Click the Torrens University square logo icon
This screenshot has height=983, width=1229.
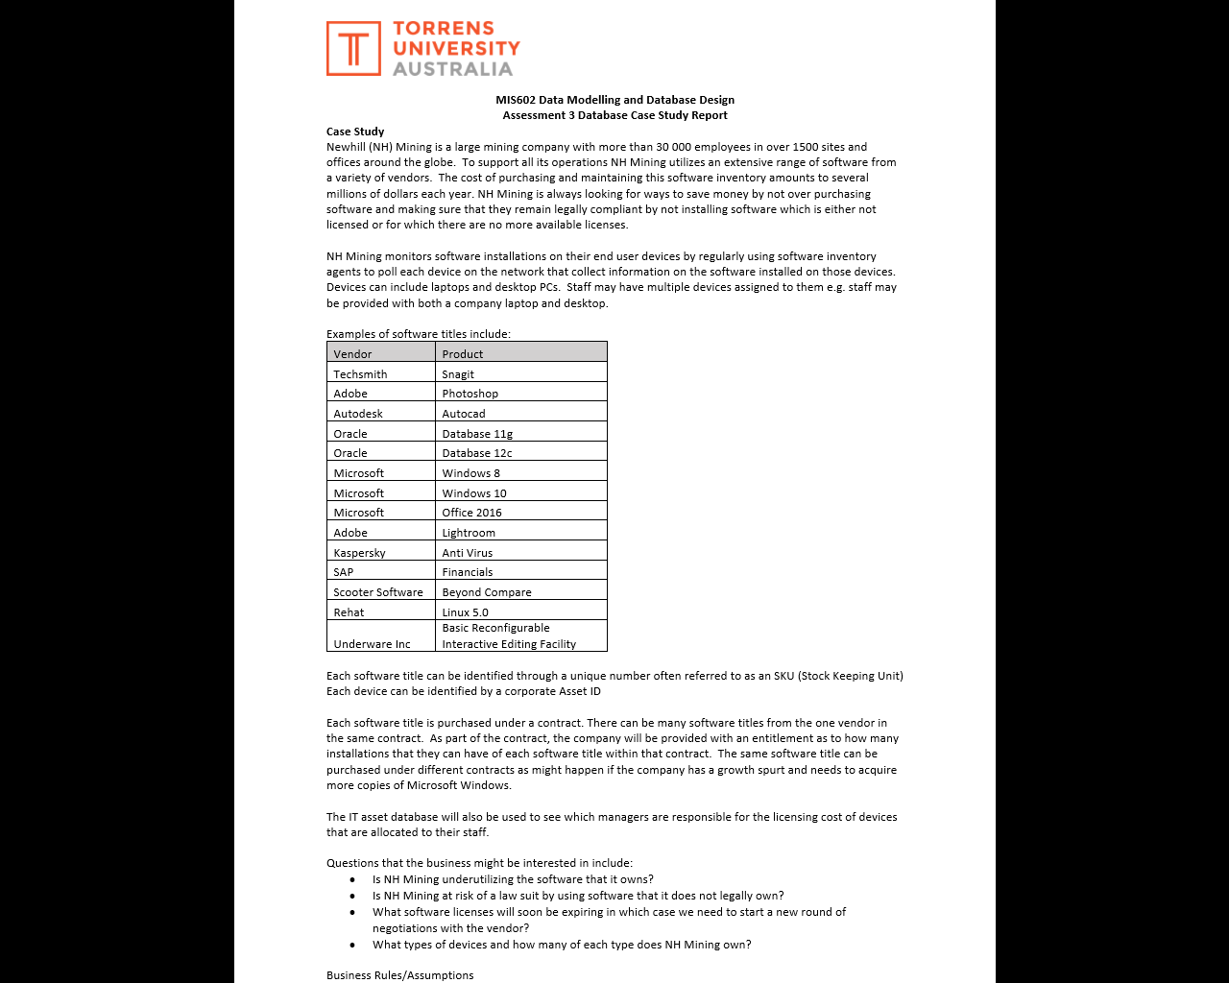[x=353, y=48]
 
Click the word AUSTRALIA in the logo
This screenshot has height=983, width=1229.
[x=452, y=69]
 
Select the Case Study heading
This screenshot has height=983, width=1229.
[x=355, y=132]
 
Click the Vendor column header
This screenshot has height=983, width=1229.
[x=352, y=354]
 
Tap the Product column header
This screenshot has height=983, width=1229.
[x=462, y=354]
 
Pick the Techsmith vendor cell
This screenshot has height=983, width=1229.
[x=360, y=374]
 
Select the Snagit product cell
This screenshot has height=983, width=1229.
[x=458, y=374]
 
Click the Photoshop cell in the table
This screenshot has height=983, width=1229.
[x=470, y=394]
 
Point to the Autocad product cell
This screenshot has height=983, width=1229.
[x=464, y=414]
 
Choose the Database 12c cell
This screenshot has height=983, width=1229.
[x=476, y=453]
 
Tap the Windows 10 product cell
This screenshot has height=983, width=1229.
[x=473, y=493]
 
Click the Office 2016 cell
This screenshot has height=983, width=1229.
[x=471, y=513]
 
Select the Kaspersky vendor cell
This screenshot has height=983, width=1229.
[x=359, y=553]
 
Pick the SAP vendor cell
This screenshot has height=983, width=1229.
[x=343, y=572]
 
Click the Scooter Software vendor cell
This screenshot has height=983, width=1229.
[x=377, y=592]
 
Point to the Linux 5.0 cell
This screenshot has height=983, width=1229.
[x=465, y=612]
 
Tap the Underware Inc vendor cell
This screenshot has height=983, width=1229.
[x=372, y=644]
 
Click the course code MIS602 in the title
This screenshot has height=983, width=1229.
[x=516, y=100]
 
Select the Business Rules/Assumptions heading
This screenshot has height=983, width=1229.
[x=399, y=975]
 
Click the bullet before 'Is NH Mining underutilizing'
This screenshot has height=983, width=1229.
[x=352, y=879]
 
